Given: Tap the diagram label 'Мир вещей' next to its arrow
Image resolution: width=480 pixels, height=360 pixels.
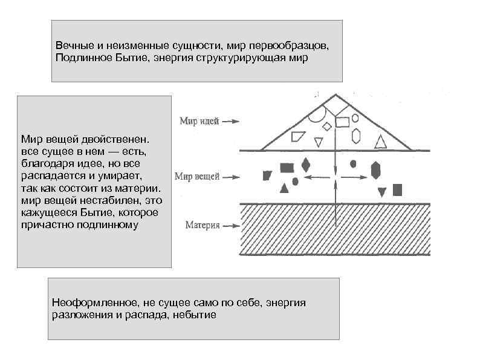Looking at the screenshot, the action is [x=196, y=177].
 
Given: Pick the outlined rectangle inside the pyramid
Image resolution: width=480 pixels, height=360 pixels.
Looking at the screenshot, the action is [x=342, y=122].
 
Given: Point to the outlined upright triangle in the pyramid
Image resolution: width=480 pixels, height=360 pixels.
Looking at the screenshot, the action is [x=380, y=143].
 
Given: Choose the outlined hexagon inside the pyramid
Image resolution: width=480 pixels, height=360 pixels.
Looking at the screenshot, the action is [x=356, y=135].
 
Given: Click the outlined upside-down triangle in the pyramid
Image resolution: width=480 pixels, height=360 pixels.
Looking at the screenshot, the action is [x=319, y=142].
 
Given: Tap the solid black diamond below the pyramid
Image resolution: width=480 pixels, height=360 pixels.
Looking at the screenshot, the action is [x=306, y=165].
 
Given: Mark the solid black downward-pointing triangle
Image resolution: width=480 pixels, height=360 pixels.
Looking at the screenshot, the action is [x=381, y=192].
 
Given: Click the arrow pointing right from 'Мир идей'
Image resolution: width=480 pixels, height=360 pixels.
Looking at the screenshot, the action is [x=232, y=121].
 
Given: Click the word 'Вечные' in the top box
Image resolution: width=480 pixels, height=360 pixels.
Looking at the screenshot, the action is [x=71, y=47].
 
